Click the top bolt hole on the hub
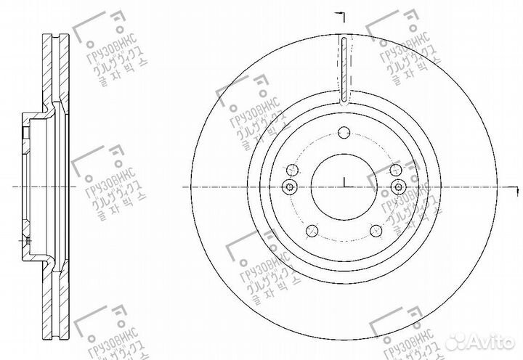coord(345,131)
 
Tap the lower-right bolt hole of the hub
coord(375,231)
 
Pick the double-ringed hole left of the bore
coord(290,188)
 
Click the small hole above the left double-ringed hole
coord(293,170)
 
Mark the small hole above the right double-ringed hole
coord(394,169)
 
